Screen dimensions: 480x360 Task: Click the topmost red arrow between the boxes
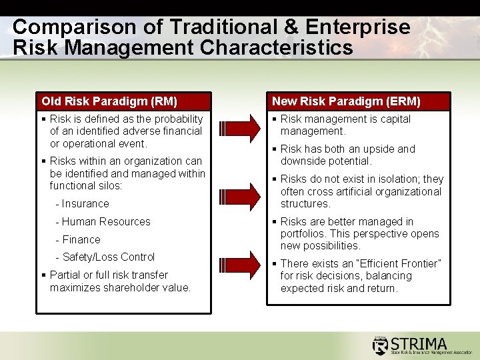pos(240,129)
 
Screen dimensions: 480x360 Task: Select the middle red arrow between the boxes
pos(240,197)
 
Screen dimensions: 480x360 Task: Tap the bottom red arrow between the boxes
pos(240,265)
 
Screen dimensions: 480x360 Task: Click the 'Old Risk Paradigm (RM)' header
pos(109,101)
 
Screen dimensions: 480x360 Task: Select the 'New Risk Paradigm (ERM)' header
pos(346,101)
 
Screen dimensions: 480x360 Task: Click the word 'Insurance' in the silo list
pos(85,203)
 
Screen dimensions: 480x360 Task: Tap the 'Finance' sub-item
pos(81,239)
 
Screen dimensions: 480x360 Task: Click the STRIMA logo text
pos(419,344)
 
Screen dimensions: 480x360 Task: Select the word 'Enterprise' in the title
pos(357,27)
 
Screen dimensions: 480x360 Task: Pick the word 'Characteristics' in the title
pos(277,47)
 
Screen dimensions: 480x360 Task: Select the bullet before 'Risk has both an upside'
pos(274,149)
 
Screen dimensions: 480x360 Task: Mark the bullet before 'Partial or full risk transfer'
pos(44,275)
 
